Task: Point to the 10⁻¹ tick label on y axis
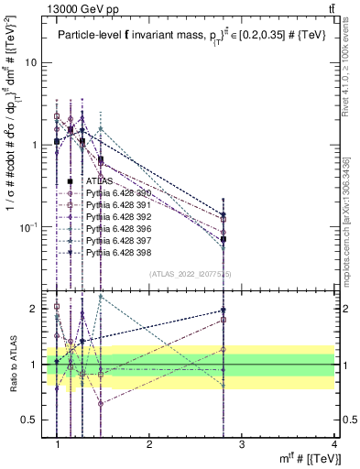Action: pyautogui.click(x=30, y=226)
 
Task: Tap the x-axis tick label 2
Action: pyautogui.click(x=150, y=443)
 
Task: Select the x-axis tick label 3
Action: pyautogui.click(x=243, y=443)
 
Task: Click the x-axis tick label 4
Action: pyautogui.click(x=334, y=443)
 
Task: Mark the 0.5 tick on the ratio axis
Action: pyautogui.click(x=31, y=420)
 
